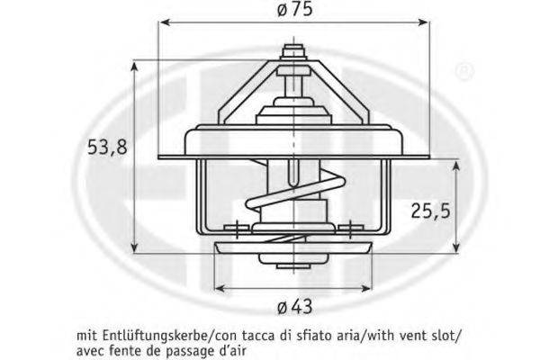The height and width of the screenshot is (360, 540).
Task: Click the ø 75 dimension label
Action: pyautogui.click(x=295, y=9)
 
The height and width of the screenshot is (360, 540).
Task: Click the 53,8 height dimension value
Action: pyautogui.click(x=107, y=147)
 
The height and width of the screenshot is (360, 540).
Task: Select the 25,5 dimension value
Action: pyautogui.click(x=430, y=211)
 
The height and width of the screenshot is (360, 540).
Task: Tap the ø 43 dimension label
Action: pyautogui.click(x=295, y=306)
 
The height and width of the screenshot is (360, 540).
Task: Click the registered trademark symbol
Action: pyautogui.click(x=464, y=71)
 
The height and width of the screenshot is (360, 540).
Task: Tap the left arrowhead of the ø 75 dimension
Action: pyautogui.click(x=166, y=22)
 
